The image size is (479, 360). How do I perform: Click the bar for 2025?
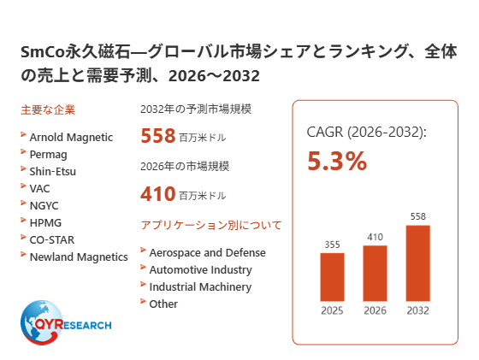point(332,277)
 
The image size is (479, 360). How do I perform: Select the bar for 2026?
point(375,274)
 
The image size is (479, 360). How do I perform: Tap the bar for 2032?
point(418,263)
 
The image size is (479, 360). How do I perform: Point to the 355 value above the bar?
point(332,245)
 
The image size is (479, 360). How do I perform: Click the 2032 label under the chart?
point(418,310)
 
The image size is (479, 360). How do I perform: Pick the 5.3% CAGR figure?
point(337,161)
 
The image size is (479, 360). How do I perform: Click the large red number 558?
point(158,136)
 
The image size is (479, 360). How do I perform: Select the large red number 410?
point(158,193)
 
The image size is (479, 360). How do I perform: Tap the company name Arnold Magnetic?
point(71,138)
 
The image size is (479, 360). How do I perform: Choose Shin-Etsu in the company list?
point(52,172)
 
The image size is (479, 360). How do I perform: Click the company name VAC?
point(39,189)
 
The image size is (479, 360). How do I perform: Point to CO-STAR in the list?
point(52,240)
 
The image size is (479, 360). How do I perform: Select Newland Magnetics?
point(79,257)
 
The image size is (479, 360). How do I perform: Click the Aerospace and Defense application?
point(207,253)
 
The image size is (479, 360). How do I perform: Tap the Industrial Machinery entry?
point(200,287)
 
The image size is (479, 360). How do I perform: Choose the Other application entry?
point(163,304)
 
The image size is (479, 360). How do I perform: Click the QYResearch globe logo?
point(66,322)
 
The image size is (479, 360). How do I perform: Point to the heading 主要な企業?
point(48,110)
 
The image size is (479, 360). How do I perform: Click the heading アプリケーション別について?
point(211,226)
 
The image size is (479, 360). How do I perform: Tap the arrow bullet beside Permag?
point(23,151)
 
